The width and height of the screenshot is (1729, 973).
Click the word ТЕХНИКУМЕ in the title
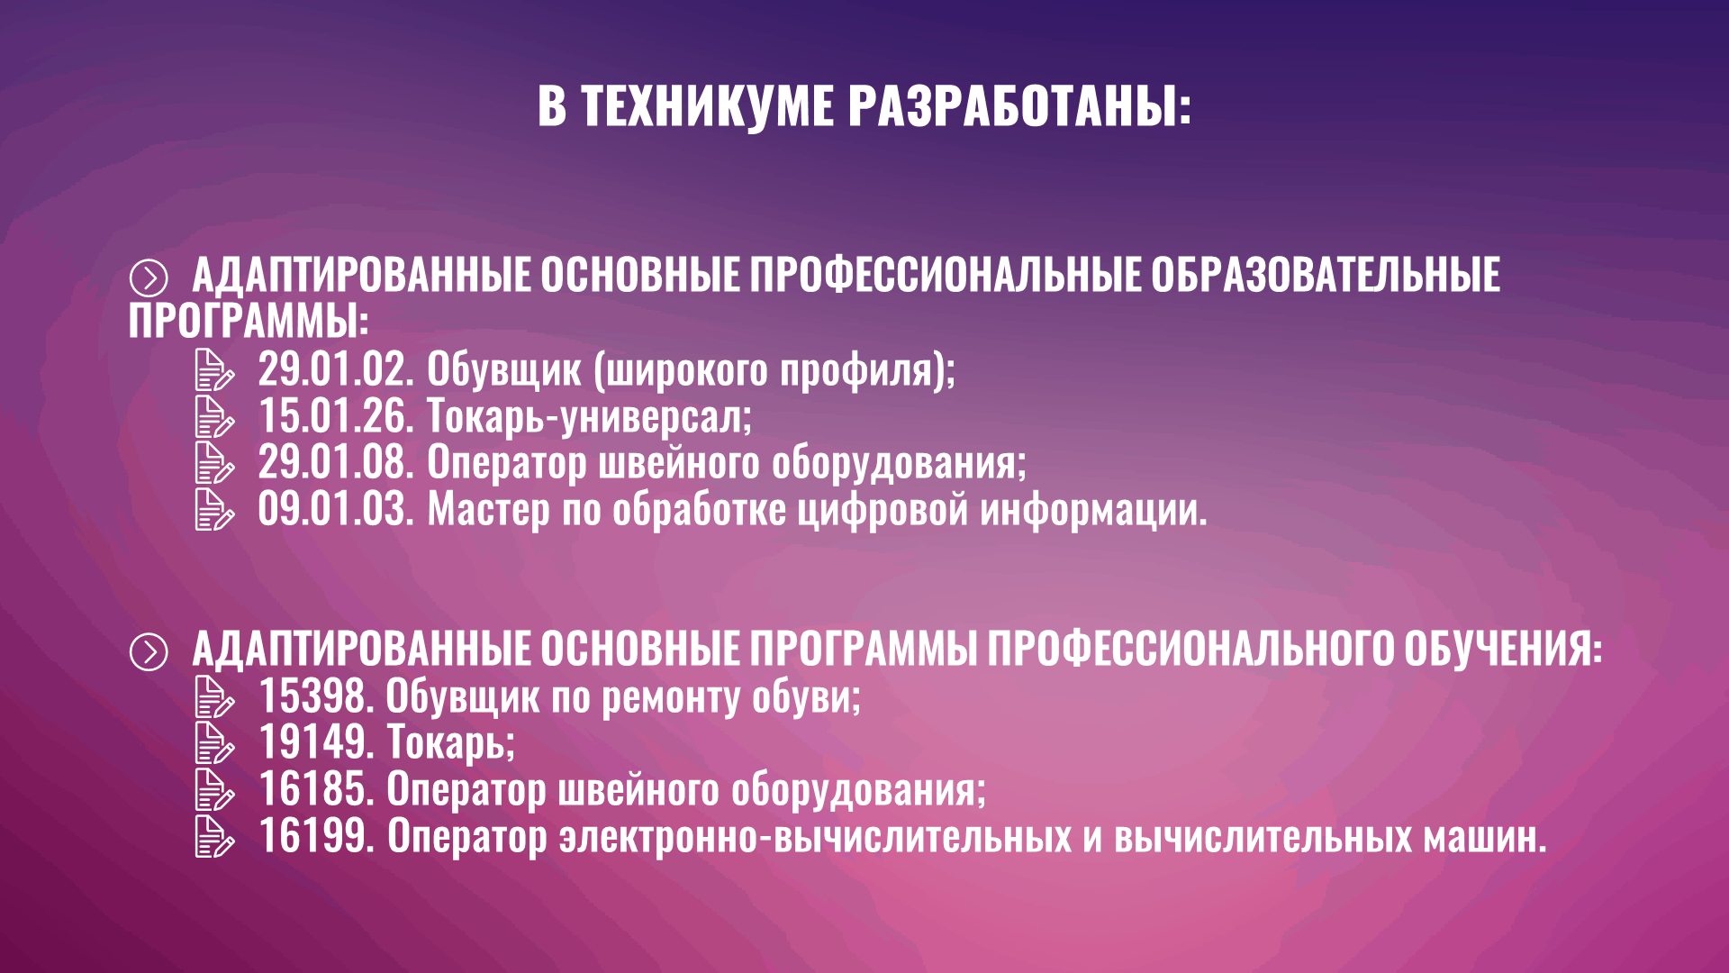(x=707, y=105)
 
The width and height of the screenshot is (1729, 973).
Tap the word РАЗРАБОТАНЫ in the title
(x=1019, y=105)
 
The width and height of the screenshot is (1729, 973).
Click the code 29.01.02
(x=336, y=369)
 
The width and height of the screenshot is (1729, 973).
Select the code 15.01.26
(x=336, y=416)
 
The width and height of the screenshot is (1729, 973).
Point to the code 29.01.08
(x=336, y=462)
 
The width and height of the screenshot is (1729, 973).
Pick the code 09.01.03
(x=336, y=509)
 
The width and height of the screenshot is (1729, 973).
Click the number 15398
(x=316, y=696)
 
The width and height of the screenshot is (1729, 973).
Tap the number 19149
(x=316, y=743)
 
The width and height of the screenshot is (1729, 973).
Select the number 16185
(x=316, y=789)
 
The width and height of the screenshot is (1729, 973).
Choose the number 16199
(x=316, y=836)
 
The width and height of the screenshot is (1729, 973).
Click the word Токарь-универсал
(x=589, y=416)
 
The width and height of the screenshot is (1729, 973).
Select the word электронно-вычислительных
(x=815, y=836)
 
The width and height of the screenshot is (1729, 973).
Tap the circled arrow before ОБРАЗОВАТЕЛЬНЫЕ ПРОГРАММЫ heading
(x=149, y=278)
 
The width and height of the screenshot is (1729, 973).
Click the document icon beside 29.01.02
(x=214, y=370)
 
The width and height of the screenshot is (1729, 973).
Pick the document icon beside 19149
(x=214, y=743)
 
